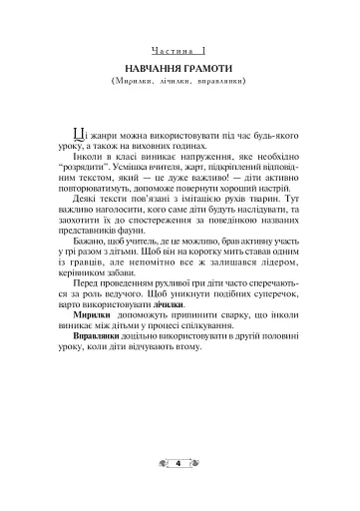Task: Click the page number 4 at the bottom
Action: tap(180, 463)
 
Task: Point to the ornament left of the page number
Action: tap(165, 463)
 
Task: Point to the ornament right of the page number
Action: tap(194, 463)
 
